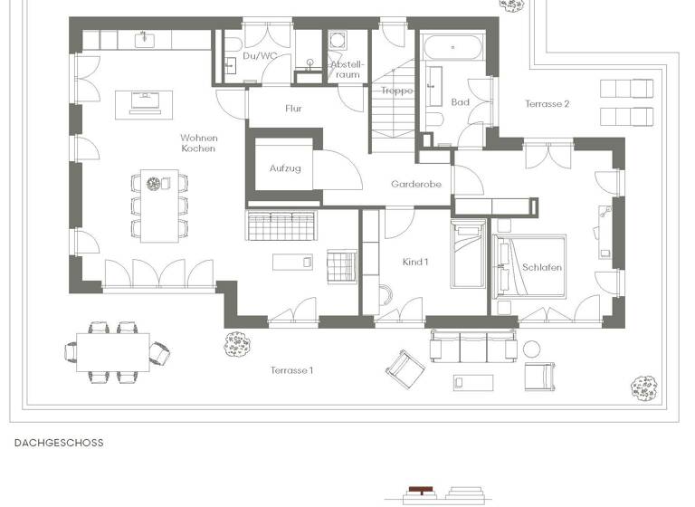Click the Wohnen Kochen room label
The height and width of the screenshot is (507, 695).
click(x=197, y=143)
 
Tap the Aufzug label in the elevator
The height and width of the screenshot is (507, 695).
click(x=285, y=169)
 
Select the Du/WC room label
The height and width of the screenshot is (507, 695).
click(x=261, y=56)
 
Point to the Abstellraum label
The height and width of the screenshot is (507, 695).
click(x=347, y=70)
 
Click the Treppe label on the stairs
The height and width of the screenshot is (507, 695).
click(x=396, y=91)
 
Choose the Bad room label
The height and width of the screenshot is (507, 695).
click(x=461, y=102)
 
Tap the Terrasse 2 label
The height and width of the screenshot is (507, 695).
click(x=547, y=104)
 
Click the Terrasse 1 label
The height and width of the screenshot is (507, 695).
click(x=292, y=370)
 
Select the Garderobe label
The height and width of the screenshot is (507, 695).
click(x=416, y=184)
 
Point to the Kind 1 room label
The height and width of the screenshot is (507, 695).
click(x=415, y=263)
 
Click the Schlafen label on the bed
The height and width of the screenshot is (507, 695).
click(x=542, y=268)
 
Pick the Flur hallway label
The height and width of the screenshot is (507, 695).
click(x=293, y=109)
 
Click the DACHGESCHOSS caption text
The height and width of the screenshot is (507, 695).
click(x=59, y=444)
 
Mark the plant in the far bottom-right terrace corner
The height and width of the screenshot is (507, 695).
click(x=643, y=387)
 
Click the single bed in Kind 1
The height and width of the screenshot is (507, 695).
click(x=469, y=255)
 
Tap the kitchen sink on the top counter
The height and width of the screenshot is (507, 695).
click(x=144, y=40)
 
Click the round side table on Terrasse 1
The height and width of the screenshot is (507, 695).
click(x=531, y=347)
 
